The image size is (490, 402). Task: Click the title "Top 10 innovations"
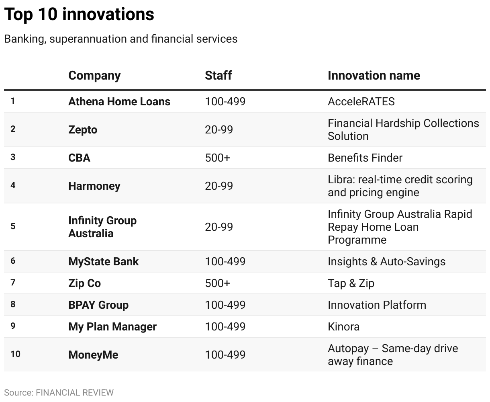pos(79,14)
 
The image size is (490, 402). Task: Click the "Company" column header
pos(94,76)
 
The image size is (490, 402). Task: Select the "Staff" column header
pos(218,76)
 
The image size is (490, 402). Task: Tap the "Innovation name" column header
pos(374,76)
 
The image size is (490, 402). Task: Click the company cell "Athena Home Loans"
pos(119,101)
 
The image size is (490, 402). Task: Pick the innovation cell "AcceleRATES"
pos(361,101)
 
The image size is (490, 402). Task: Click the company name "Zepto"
pos(83,129)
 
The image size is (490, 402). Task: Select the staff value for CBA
pos(217,158)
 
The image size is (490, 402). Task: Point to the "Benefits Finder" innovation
pos(365,158)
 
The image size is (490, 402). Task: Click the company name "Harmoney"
pos(94,186)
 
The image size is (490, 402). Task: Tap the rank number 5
pos(13,226)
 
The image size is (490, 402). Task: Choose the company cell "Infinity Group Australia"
pos(102,227)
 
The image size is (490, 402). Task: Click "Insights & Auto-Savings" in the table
pos(386,261)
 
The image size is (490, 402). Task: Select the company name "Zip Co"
pos(84,283)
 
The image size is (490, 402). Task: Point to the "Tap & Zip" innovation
pos(351,283)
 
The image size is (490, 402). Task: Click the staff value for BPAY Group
pos(225,305)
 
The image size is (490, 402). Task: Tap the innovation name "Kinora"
pos(343,326)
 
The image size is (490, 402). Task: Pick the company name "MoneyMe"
pos(93,355)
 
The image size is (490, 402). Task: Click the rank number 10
pos(15,354)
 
